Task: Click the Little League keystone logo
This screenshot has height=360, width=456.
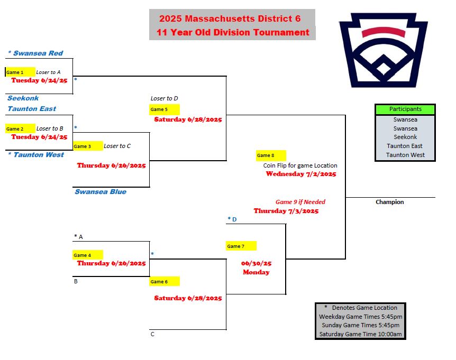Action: [384, 50]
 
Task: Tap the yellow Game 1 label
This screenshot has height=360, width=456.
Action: [20, 72]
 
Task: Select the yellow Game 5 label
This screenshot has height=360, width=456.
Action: [165, 109]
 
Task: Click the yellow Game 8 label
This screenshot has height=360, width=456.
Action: [271, 155]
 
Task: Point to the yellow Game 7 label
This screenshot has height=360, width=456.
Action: [241, 246]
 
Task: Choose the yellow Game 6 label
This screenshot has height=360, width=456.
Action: [165, 282]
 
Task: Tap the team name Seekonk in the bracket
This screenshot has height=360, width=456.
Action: [23, 98]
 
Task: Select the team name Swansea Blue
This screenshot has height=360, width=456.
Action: [101, 192]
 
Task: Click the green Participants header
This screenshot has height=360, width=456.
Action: [405, 109]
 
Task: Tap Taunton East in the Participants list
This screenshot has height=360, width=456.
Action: [405, 146]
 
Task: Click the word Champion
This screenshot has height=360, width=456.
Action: [390, 202]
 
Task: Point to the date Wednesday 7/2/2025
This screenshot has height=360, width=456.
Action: [301, 174]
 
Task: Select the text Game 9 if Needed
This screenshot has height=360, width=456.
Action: [300, 202]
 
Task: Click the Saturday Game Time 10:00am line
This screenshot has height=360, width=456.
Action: [360, 334]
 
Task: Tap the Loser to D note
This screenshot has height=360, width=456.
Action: [165, 98]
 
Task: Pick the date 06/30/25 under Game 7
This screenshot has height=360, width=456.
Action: [256, 263]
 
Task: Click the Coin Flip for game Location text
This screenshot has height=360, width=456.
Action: [300, 165]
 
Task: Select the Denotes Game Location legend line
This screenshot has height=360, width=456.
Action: [361, 308]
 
